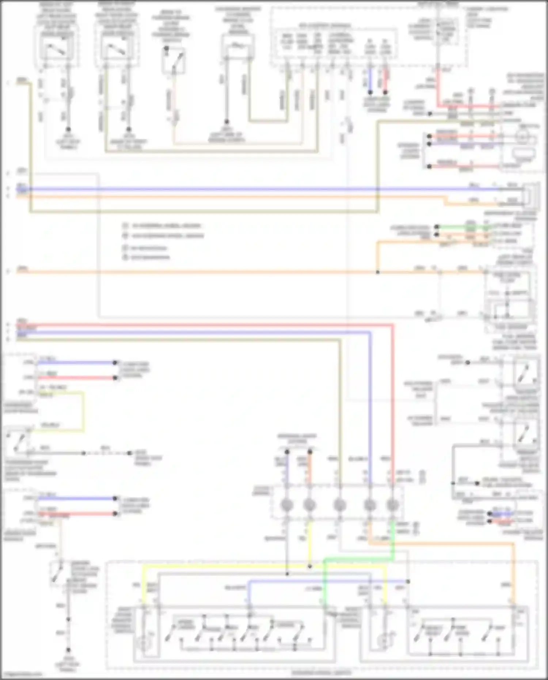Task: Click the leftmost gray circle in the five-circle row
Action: tap(287, 505)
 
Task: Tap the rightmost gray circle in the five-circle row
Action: tap(392, 505)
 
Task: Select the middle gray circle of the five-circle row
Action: tap(340, 505)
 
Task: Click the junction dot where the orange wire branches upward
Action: tap(378, 272)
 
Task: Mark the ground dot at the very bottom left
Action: tap(68, 650)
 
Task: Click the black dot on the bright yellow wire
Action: tap(310, 566)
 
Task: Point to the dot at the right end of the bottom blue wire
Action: tap(408, 581)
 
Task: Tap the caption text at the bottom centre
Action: tap(321, 672)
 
